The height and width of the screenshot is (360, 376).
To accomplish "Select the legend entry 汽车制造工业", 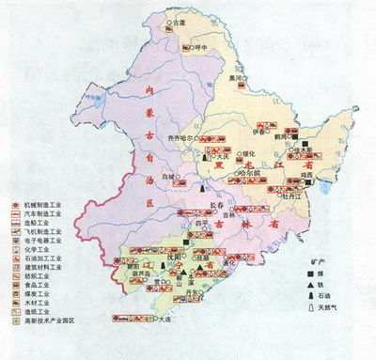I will [x=39, y=215].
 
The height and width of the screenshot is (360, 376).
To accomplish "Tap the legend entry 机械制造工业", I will [x=39, y=204].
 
